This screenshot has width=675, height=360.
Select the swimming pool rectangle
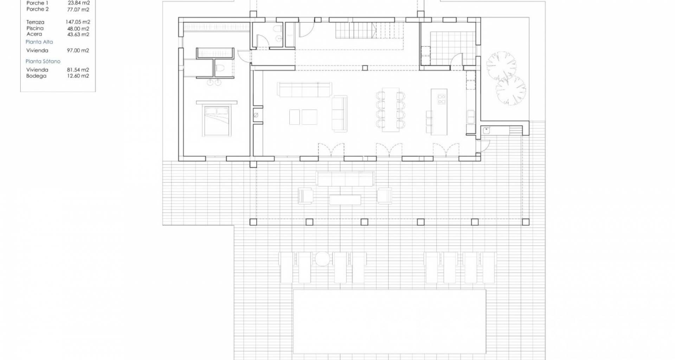tap(390, 321)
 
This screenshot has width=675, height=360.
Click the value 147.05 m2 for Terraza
tap(78, 22)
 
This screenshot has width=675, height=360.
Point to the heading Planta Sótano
tap(43, 61)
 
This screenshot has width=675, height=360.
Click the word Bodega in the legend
tap(36, 76)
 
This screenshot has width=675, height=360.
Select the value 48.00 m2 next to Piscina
tap(78, 28)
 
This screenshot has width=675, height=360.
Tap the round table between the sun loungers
tap(322, 259)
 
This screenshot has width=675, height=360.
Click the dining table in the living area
tap(390, 109)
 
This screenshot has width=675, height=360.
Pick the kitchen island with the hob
tap(439, 112)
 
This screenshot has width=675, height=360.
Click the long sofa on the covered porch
tap(345, 179)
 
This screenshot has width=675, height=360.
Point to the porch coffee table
tap(345, 200)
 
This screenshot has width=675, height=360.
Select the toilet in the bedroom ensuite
tap(221, 69)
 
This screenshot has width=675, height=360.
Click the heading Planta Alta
tap(39, 42)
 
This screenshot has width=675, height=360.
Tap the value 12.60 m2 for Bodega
tap(78, 76)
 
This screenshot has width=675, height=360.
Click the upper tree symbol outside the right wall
tap(501, 66)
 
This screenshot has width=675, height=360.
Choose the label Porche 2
tap(38, 9)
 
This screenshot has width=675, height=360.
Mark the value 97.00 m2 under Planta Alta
tap(78, 50)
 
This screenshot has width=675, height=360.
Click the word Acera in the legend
tap(34, 34)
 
